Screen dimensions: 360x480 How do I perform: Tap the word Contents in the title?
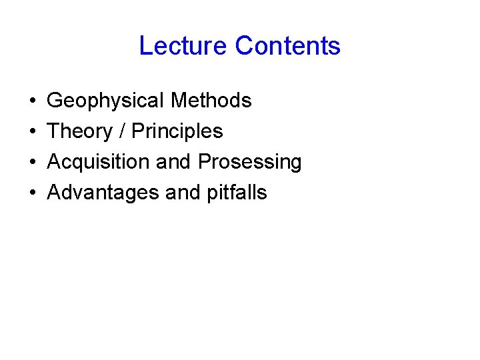coord(288,46)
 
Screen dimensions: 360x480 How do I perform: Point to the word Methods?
coord(211,101)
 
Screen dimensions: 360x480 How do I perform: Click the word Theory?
coord(80,131)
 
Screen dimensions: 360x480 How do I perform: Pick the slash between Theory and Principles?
coord(122,131)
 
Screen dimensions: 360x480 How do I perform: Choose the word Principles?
coord(177,131)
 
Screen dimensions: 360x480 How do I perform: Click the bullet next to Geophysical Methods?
coord(33,101)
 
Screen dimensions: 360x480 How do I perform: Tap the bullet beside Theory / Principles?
coord(33,132)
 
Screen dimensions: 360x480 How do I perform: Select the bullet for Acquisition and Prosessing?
coord(33,163)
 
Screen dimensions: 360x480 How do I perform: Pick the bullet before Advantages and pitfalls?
coord(33,193)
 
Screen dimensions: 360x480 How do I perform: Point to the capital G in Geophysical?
coord(55,101)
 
